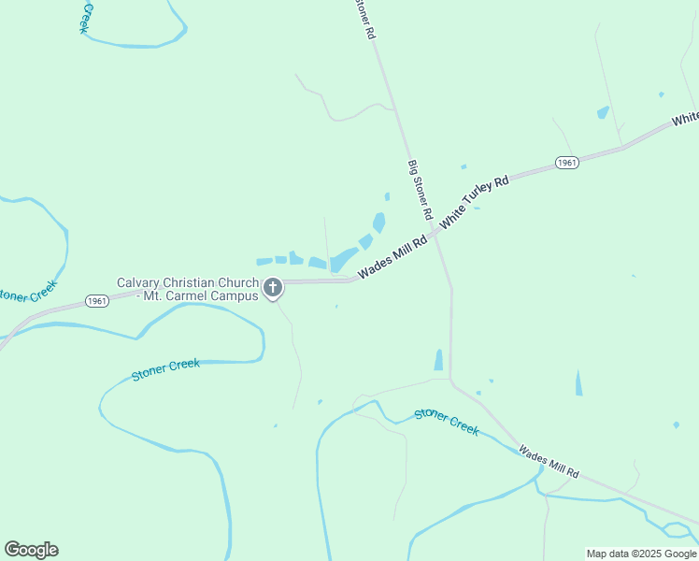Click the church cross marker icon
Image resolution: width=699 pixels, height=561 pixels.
pos(273,288)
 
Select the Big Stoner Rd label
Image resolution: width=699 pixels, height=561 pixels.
pos(420,191)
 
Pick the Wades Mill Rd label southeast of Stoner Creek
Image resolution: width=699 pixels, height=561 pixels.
pos(549,462)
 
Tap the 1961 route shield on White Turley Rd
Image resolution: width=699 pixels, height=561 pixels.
pos(566,163)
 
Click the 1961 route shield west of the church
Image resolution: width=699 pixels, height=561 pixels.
pos(96,300)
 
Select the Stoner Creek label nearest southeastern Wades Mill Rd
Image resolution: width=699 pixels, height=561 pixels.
pos(447,421)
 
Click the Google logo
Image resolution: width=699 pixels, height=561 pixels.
pos(31,550)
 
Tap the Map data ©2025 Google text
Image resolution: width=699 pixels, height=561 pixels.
pos(641,554)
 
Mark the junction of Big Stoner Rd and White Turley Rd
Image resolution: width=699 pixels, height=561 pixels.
pos(435,235)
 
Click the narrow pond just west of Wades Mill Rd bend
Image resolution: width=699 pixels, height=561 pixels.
pos(438,360)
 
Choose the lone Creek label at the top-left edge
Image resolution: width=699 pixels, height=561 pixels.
pos(87,17)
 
